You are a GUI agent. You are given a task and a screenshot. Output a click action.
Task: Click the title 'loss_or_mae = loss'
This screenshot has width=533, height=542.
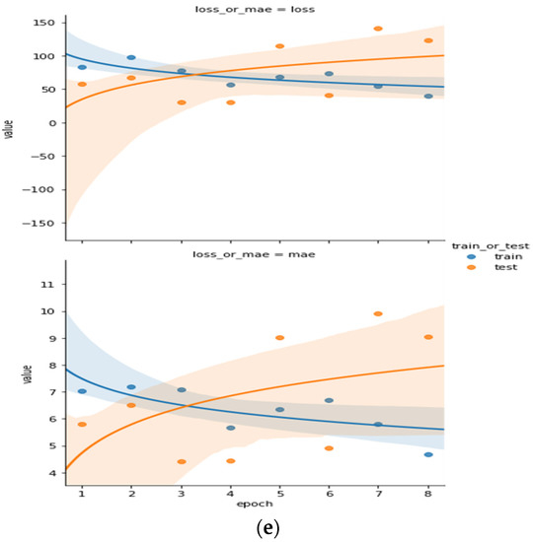pyautogui.click(x=255, y=7)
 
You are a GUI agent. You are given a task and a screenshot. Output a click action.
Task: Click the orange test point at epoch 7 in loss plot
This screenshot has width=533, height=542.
pyautogui.click(x=378, y=29)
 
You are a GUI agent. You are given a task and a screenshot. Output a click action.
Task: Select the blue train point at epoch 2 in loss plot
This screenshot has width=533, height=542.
pyautogui.click(x=131, y=58)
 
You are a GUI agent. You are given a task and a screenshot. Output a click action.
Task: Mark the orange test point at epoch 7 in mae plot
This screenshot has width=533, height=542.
pyautogui.click(x=378, y=314)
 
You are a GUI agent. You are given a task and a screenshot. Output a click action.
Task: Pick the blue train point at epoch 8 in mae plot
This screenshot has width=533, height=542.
pyautogui.click(x=428, y=454)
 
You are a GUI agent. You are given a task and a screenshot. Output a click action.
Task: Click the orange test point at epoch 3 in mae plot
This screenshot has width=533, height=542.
pyautogui.click(x=182, y=461)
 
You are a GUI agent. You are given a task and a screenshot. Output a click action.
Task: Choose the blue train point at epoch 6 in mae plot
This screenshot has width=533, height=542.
pyautogui.click(x=329, y=400)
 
